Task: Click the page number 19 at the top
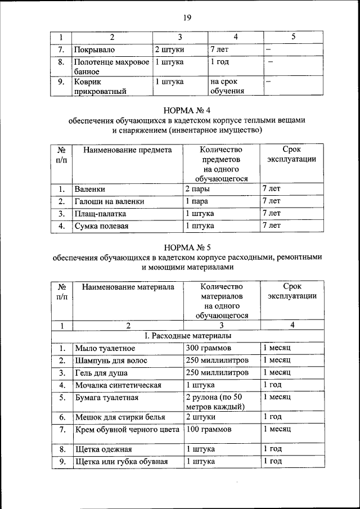tap(187, 17)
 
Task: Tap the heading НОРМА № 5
tap(187, 247)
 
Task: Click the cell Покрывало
tap(94, 49)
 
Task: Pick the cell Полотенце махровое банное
tap(111, 66)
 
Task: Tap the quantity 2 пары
tap(198, 189)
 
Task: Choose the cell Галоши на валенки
tap(110, 201)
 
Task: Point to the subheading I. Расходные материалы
tap(187, 336)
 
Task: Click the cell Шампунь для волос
tap(110, 361)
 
